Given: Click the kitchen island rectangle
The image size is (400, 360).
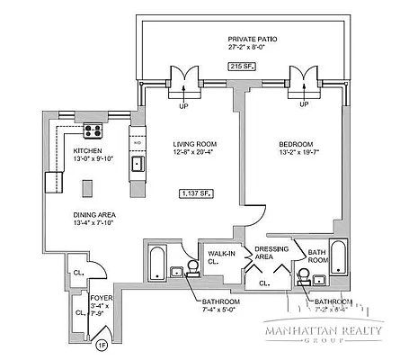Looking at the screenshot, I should point(89,188).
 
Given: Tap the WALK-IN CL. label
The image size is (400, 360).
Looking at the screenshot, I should point(220,258).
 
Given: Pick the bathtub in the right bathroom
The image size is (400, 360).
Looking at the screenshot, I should point(340,261).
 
